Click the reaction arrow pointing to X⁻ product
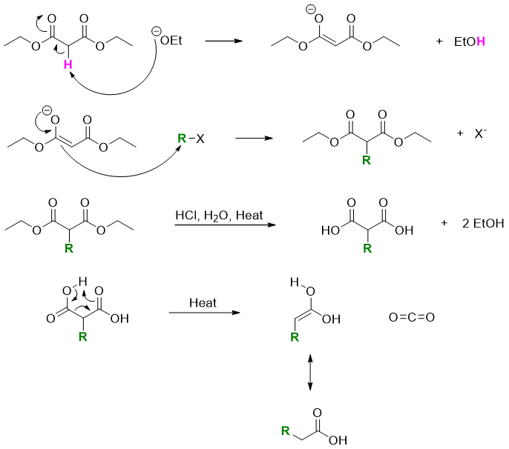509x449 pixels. pyautogui.click(x=255, y=138)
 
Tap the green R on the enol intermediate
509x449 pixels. pyautogui.click(x=295, y=338)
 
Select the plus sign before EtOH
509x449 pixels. pyautogui.click(x=440, y=42)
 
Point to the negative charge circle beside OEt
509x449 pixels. pyautogui.click(x=156, y=31)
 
